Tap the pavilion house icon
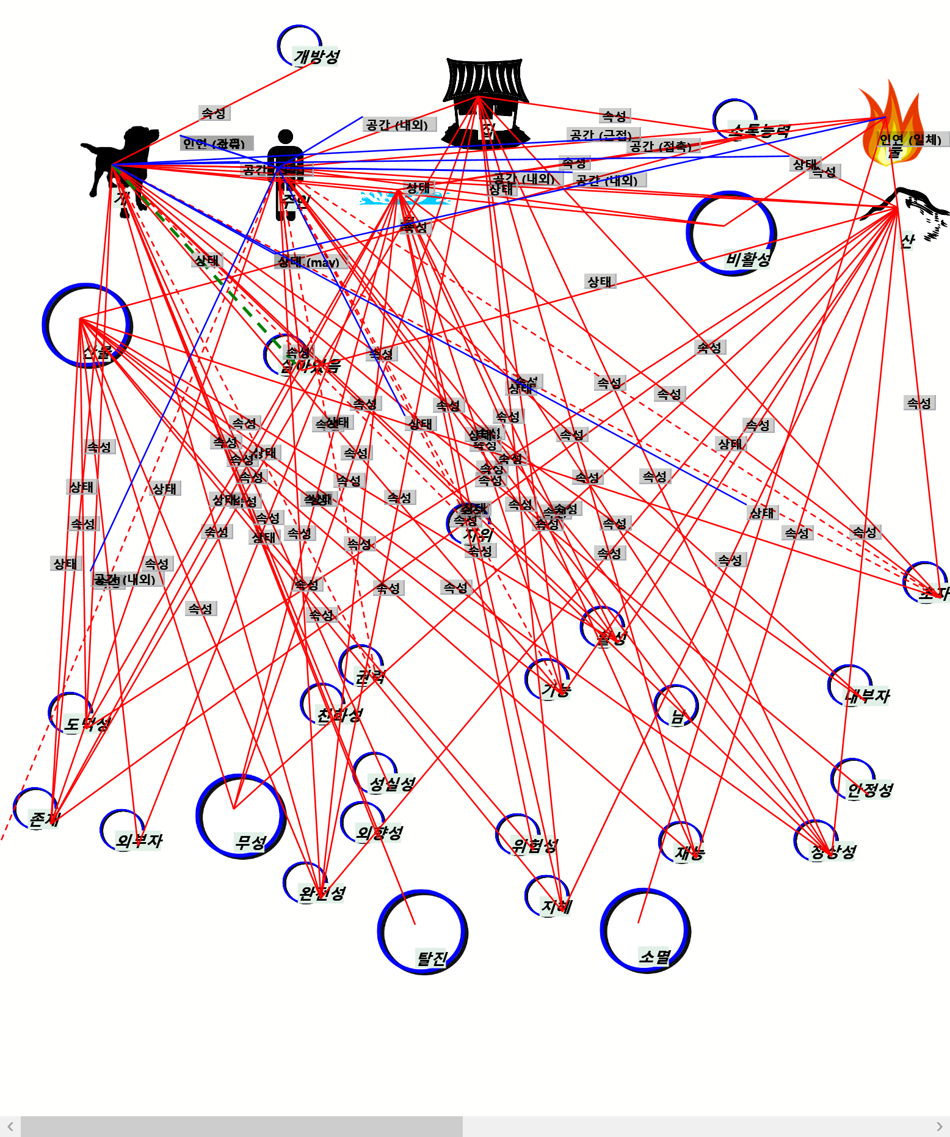(485, 101)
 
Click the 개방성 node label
(316, 57)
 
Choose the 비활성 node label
(748, 260)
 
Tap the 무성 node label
(250, 843)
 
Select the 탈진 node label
(432, 958)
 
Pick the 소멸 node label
(654, 956)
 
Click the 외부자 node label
(139, 841)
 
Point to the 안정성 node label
(870, 790)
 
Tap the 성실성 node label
(392, 783)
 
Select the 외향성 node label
(379, 833)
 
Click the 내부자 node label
(867, 696)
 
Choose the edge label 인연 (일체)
(910, 139)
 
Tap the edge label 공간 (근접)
(601, 134)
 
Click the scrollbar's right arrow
(939, 1127)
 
